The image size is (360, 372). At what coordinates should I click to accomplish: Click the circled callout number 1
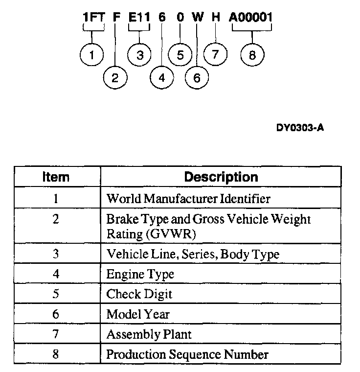pos(92,55)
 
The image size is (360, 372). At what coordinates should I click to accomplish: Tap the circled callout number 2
pos(115,77)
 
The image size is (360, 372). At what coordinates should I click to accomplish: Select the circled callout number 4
pos(162,77)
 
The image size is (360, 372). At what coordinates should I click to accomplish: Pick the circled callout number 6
pos(197,77)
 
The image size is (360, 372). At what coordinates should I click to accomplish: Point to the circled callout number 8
pos(252,55)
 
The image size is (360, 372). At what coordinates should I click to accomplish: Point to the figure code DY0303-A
pos(300,128)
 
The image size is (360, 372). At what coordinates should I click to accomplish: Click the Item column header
pos(56,177)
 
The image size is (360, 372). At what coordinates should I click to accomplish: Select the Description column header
pos(221,177)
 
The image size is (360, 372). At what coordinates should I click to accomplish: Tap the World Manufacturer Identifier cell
pos(188,199)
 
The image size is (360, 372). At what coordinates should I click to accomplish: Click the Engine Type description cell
pos(140,274)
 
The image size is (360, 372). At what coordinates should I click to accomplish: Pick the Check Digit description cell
pos(139,295)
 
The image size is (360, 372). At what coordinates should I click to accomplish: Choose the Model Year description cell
pos(138,314)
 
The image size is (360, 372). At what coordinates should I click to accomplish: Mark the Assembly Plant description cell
pos(149,334)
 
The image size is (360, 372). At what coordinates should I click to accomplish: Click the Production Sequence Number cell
pos(187,354)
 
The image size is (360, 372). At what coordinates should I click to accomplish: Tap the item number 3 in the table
pos(56,255)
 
